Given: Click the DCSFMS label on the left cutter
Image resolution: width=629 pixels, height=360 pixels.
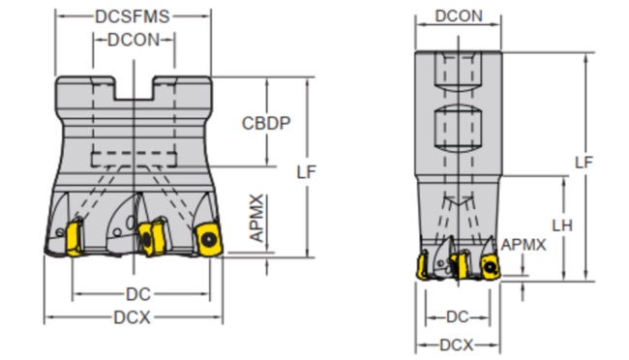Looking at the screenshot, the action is (133, 16).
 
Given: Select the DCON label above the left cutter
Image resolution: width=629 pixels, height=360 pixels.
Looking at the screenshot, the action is (134, 40).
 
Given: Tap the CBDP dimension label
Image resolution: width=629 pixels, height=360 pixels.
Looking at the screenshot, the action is (266, 123).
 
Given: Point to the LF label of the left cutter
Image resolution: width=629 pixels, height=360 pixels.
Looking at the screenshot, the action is (307, 172).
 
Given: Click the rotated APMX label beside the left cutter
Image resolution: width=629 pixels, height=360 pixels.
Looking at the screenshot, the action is (257, 219).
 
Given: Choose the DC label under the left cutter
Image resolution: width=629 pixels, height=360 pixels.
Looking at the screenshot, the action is (138, 294).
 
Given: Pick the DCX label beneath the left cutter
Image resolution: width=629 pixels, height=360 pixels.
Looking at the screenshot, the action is (132, 317).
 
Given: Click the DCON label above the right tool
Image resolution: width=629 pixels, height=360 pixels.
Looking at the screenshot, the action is (459, 16).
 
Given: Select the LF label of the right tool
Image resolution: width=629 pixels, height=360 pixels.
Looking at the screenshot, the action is (584, 163).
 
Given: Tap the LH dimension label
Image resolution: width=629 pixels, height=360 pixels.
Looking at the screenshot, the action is (562, 225).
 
